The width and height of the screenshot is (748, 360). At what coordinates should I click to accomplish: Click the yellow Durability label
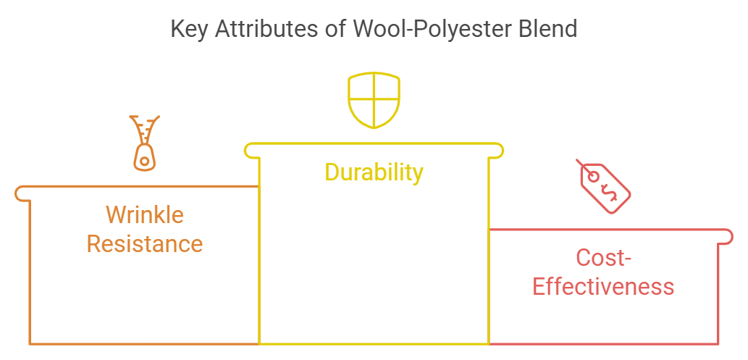click(374, 172)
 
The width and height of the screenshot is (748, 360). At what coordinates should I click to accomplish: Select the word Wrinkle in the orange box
click(145, 215)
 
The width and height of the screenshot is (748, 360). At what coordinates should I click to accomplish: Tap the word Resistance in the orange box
click(145, 243)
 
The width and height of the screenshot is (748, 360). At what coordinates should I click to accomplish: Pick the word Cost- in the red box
click(603, 258)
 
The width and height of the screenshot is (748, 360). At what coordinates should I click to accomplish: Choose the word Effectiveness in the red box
click(603, 286)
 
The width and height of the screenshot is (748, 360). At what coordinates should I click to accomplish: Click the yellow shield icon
click(374, 101)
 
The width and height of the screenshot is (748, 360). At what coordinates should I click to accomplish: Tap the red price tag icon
click(605, 187)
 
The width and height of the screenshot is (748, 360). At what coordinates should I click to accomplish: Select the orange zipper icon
click(145, 143)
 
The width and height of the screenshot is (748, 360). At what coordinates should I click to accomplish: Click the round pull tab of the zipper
click(145, 159)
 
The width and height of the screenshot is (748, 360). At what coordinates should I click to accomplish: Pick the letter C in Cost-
click(584, 258)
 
